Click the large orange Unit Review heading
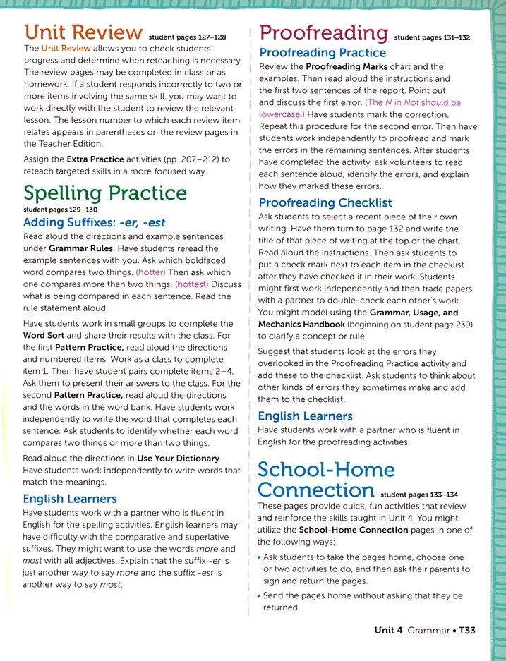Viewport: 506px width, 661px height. pyautogui.click(x=83, y=32)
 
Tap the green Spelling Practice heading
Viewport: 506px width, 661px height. pyautogui.click(x=105, y=193)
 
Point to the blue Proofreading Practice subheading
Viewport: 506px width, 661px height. pyautogui.click(x=323, y=53)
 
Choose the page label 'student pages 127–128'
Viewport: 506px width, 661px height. pyautogui.click(x=186, y=37)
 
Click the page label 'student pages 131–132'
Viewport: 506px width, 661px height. pyautogui.click(x=432, y=37)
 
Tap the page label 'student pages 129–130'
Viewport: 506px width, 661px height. pyautogui.click(x=50, y=210)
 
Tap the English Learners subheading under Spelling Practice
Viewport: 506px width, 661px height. pyautogui.click(x=70, y=499)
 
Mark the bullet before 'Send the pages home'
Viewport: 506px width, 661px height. pyautogui.click(x=259, y=596)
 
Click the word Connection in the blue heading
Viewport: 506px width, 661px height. pyautogui.click(x=316, y=490)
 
